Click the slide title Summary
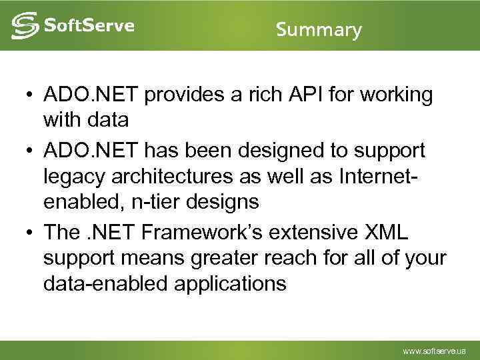319,30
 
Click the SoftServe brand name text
89,26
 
